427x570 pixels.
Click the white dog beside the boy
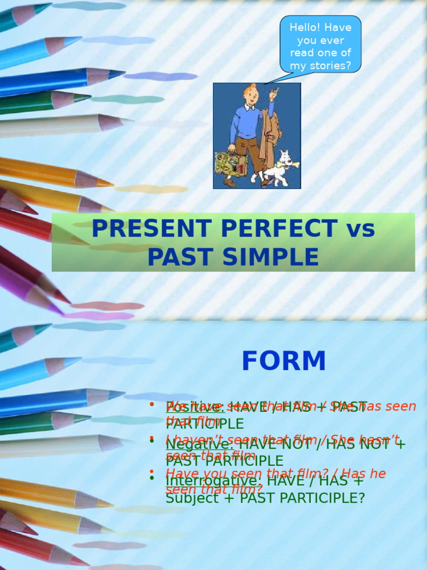tap(279, 168)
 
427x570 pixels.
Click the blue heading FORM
tap(284, 361)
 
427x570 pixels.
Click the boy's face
tap(252, 96)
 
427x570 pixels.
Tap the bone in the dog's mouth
tap(293, 164)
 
